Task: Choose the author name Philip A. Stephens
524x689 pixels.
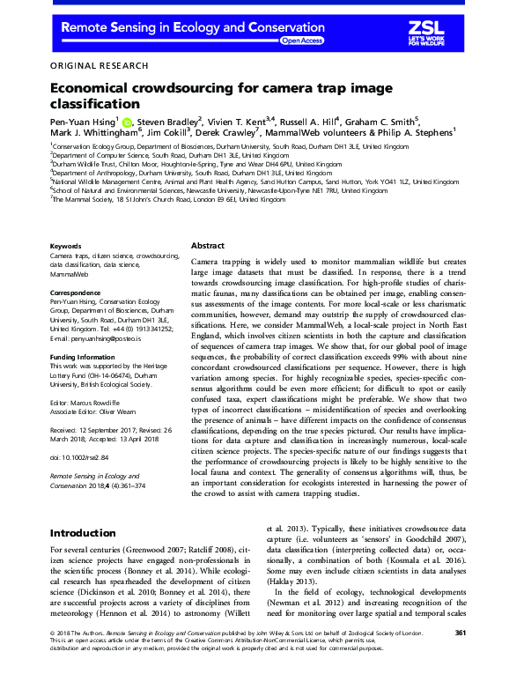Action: click(415, 133)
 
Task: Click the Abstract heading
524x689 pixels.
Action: click(208, 247)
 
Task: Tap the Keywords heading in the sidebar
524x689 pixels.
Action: click(66, 246)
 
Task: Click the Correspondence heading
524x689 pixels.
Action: click(77, 291)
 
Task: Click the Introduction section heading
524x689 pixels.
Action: click(88, 533)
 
